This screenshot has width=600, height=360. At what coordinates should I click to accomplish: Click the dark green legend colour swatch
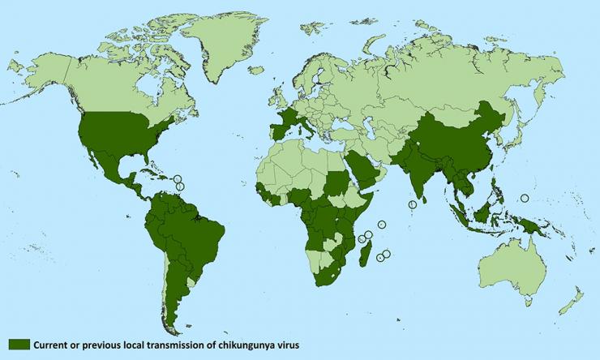pyautogui.click(x=19, y=345)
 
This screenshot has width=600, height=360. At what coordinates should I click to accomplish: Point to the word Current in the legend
pyautogui.click(x=51, y=345)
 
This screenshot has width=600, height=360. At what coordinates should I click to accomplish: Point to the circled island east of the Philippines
pyautogui.click(x=524, y=197)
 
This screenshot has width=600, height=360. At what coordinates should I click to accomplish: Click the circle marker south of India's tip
pyautogui.click(x=413, y=204)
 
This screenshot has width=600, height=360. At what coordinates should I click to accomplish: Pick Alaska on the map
pyautogui.click(x=41, y=77)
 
